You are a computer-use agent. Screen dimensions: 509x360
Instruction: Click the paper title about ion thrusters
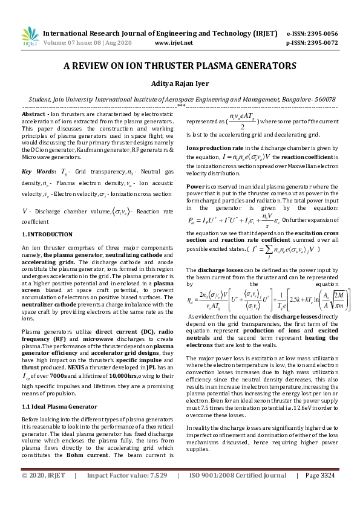[180, 66]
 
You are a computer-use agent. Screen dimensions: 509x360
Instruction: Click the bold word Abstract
[33, 114]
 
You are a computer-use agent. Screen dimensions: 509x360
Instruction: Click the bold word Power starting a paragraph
[195, 186]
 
